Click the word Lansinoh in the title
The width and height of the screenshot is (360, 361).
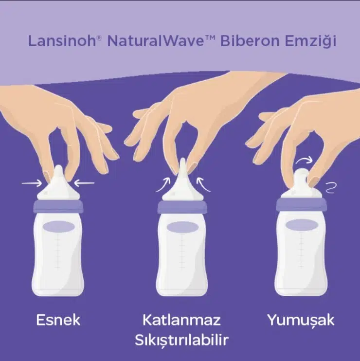click(x=62, y=40)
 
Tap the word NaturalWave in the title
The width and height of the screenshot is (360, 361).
click(x=155, y=40)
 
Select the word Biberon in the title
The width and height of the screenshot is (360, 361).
click(x=250, y=40)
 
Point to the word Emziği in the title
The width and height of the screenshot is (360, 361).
click(x=311, y=41)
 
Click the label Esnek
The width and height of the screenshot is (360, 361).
click(x=58, y=320)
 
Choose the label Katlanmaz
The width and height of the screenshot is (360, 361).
click(x=181, y=320)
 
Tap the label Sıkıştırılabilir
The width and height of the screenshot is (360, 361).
click(x=181, y=340)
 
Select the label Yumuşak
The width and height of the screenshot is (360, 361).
click(x=301, y=321)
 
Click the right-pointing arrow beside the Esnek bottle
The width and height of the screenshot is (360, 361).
click(x=32, y=183)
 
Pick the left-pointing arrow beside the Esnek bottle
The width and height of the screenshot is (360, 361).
click(x=84, y=183)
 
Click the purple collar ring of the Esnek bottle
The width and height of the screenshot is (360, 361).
click(x=58, y=206)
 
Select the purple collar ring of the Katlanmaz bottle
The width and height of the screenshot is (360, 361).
click(x=182, y=207)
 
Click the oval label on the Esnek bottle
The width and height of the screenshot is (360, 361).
click(x=59, y=227)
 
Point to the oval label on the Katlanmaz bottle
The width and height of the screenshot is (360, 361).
click(x=183, y=228)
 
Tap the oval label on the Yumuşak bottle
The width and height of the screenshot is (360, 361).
click(x=302, y=225)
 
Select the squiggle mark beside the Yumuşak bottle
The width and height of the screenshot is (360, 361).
click(x=331, y=188)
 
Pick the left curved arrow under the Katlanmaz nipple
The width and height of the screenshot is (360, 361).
click(x=163, y=184)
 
